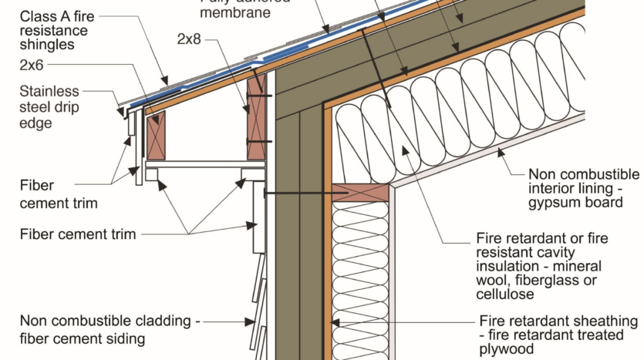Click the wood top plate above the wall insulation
(360, 192)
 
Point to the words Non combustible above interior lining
(583, 174)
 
